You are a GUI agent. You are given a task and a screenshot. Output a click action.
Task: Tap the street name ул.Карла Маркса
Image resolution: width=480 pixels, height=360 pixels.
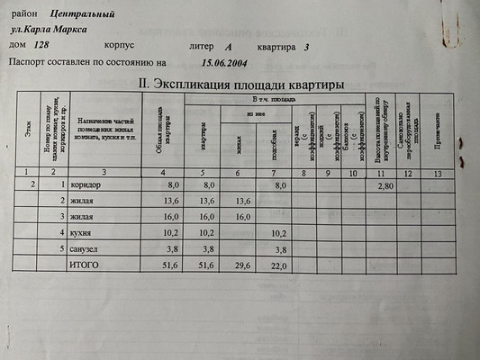click(56, 30)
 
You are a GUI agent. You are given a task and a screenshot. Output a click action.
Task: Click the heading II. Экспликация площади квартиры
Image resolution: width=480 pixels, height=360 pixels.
click(240, 83)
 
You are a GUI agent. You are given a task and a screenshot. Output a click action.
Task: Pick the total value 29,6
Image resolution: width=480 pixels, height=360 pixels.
click(242, 266)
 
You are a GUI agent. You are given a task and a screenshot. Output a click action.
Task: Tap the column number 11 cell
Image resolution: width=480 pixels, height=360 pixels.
click(382, 171)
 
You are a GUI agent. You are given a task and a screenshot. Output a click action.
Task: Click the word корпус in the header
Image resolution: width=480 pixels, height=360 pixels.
click(121, 46)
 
